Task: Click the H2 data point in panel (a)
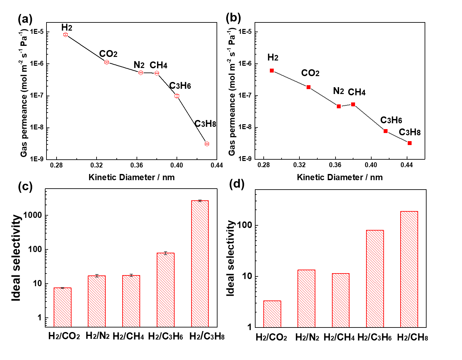point(65,34)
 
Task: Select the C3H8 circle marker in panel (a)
point(207,144)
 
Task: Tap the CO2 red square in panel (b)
point(309,87)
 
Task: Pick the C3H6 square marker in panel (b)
point(386,131)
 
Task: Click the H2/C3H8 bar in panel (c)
point(200,263)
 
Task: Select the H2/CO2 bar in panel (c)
point(62,307)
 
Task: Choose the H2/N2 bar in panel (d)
point(306,298)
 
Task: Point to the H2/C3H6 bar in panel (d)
point(375,278)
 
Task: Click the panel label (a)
point(25,20)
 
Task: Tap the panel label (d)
point(237,184)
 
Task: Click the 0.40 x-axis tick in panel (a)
point(177,165)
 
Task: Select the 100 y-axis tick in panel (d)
point(245,225)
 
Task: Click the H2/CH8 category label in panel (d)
point(412,338)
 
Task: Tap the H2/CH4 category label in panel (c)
point(128,336)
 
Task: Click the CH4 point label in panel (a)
point(158,65)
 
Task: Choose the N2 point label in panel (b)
point(338,91)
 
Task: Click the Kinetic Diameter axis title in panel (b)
point(339,177)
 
